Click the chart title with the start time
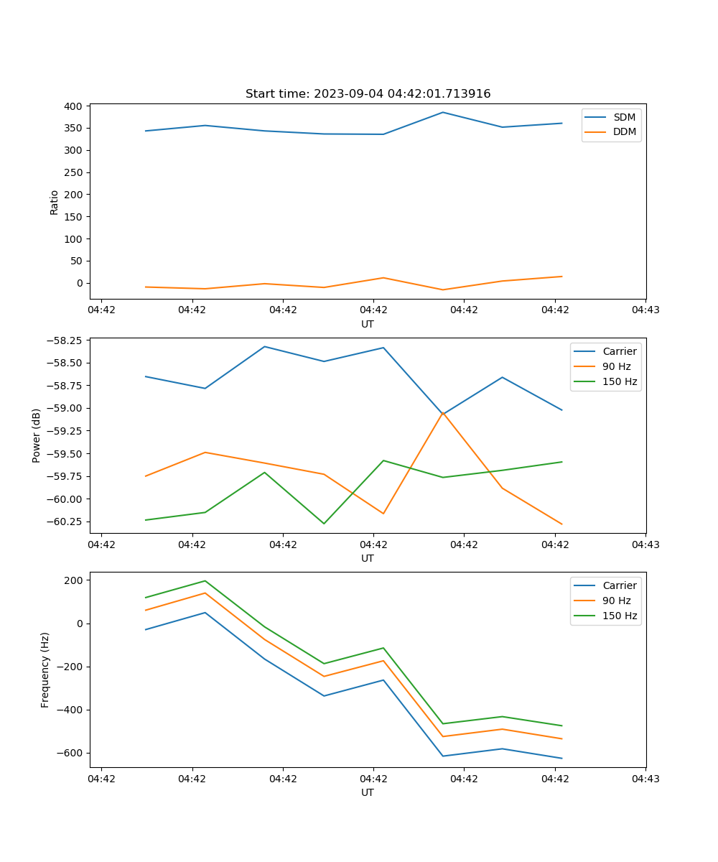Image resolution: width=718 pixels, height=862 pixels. click(368, 94)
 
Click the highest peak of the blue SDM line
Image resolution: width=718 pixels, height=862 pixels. click(443, 112)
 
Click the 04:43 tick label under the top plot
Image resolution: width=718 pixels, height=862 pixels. click(645, 310)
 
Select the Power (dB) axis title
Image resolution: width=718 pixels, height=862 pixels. click(37, 435)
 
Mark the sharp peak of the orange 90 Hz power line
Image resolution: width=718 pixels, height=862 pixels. click(443, 412)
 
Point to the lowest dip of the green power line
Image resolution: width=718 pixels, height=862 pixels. click(324, 524)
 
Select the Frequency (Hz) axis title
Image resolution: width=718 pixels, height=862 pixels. click(45, 669)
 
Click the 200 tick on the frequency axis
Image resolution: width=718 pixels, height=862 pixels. click(75, 580)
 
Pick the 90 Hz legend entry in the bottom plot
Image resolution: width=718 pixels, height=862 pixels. click(616, 601)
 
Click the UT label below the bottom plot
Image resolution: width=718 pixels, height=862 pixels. click(368, 792)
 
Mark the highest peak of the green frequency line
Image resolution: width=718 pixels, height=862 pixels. click(205, 580)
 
